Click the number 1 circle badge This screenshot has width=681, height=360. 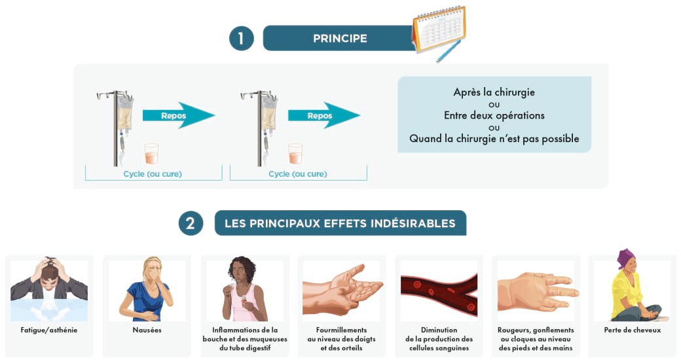click(x=241, y=38)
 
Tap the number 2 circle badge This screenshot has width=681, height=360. click(x=191, y=223)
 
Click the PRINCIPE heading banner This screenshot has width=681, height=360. click(x=339, y=38)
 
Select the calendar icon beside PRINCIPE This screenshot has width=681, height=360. click(x=439, y=29)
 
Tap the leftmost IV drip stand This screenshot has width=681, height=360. click(x=119, y=128)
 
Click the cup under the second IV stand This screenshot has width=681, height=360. click(x=295, y=154)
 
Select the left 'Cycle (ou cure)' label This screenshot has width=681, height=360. click(x=153, y=174)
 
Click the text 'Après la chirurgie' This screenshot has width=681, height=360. click(x=494, y=92)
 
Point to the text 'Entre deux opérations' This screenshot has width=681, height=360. click(x=494, y=116)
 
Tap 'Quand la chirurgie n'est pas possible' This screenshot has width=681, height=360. click(x=494, y=139)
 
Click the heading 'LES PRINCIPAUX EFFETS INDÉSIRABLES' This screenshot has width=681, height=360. click(x=340, y=223)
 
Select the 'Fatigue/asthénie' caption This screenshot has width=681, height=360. click(x=49, y=331)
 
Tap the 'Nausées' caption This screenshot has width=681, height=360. click(x=147, y=331)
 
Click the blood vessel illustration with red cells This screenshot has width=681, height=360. click(x=439, y=291)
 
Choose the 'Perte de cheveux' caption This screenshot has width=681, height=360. click(x=632, y=331)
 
